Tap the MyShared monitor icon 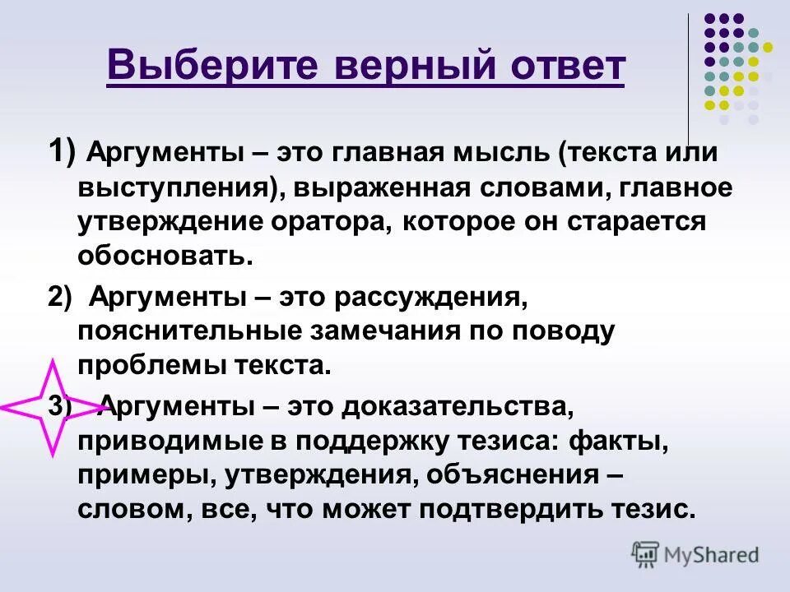pos(645,554)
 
